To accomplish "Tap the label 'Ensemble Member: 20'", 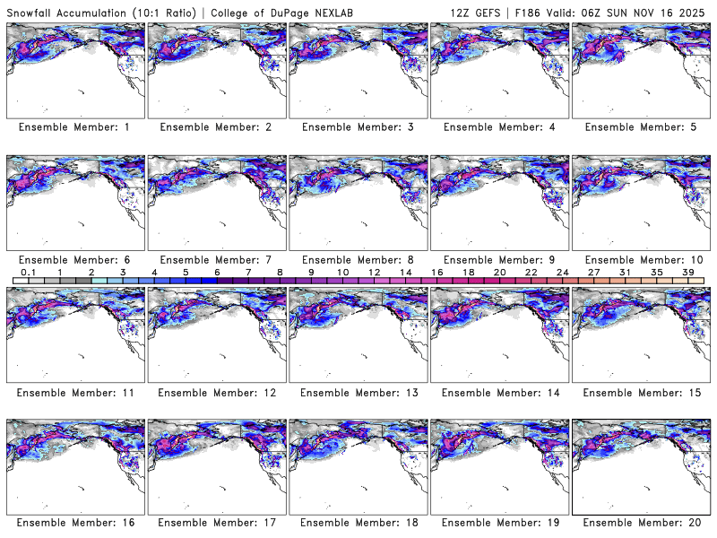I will click(639, 523).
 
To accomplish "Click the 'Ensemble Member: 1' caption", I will click(74, 127).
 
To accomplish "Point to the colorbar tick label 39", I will click(689, 272).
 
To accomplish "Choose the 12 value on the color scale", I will click(374, 272).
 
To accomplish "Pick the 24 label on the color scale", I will click(563, 272).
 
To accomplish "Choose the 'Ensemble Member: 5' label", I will click(639, 127).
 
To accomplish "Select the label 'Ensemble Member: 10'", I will click(639, 260).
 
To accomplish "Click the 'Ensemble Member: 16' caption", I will click(74, 523).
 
